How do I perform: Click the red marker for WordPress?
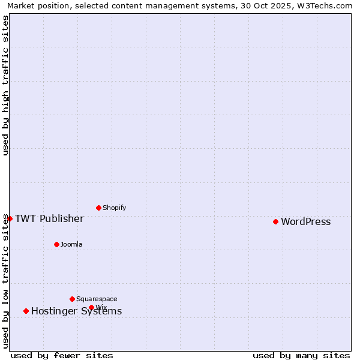point(275,221)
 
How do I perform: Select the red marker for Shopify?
point(98,208)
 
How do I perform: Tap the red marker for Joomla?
point(56,244)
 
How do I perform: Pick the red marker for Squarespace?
point(72,299)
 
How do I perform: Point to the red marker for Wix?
point(91,307)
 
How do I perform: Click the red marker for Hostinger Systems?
point(26,311)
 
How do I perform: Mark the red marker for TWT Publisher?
point(10,218)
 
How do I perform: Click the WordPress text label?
point(305,222)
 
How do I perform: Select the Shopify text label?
point(114,208)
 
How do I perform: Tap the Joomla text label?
point(71,245)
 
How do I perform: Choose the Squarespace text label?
point(97,299)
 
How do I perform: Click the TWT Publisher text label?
point(49,218)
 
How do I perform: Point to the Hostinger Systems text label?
point(76,311)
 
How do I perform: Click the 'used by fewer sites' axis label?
point(62,356)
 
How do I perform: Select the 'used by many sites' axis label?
point(301,356)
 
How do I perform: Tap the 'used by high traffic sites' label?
point(5,85)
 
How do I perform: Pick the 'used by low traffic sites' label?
point(5,281)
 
